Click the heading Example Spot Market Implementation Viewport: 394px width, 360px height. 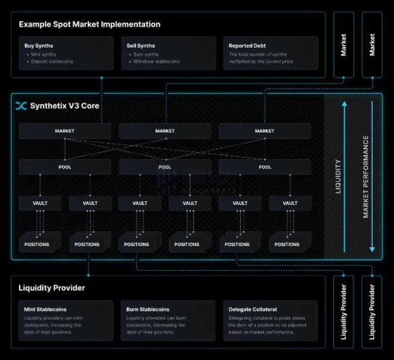(x=89, y=24)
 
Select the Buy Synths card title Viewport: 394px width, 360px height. (x=38, y=46)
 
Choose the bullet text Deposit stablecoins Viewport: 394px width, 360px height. (x=52, y=61)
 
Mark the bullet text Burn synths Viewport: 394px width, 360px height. (x=146, y=54)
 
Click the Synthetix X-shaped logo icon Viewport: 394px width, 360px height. (x=21, y=106)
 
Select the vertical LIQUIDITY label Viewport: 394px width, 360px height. (x=339, y=176)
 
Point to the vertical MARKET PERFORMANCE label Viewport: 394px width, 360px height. (x=366, y=176)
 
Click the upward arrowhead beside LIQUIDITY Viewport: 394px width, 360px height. (x=343, y=105)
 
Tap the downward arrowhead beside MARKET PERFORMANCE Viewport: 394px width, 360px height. (x=371, y=248)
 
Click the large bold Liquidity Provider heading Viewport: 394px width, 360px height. (x=52, y=288)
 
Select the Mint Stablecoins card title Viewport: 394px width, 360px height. (x=45, y=310)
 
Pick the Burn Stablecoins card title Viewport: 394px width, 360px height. (x=148, y=310)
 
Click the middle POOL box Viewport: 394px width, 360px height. (x=165, y=167)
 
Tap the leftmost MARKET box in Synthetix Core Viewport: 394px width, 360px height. (x=65, y=131)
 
